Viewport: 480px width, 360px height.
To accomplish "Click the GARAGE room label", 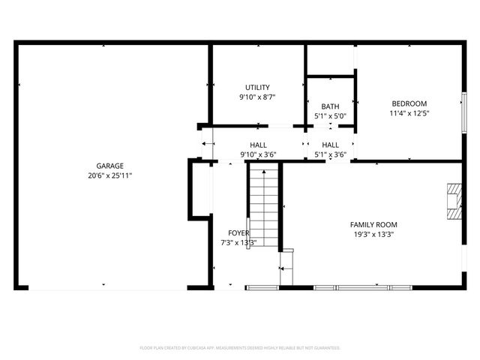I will click(109, 166).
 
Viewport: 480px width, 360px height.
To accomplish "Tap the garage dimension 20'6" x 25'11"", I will click(109, 175).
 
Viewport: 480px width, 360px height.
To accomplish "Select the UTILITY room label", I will click(257, 88).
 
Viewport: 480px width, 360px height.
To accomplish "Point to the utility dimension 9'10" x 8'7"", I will click(257, 97).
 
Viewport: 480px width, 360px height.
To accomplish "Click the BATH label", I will click(330, 106).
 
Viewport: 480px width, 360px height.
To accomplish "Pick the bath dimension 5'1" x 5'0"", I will click(330, 116).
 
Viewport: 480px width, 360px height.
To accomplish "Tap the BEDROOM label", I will click(409, 103).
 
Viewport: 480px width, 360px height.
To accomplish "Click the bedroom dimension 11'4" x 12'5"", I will click(409, 113).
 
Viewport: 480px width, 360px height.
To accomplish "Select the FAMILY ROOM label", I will click(373, 224).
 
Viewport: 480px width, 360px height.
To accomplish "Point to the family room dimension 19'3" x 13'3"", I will click(373, 234).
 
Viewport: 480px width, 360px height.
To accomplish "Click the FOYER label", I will click(238, 233).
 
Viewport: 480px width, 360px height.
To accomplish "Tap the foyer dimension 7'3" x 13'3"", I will click(238, 242).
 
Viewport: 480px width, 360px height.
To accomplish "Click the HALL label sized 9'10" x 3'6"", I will click(258, 145).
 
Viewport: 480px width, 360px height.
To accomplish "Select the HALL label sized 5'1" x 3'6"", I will click(330, 145).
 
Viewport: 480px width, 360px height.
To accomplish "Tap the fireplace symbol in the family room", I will click(453, 202).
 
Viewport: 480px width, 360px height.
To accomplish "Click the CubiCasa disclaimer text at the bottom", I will click(240, 348).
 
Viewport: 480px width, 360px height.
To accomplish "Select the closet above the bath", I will click(330, 60).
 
